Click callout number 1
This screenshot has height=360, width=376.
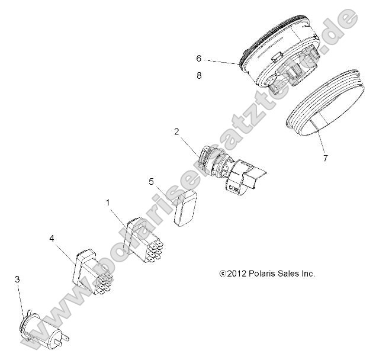[108, 202]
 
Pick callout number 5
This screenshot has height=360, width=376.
[152, 181]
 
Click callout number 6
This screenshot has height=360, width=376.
[199, 58]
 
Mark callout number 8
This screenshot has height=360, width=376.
[199, 75]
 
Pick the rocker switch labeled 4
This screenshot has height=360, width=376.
[92, 269]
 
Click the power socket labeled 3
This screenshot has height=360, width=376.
[44, 329]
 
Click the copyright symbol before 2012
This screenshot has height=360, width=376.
[222, 274]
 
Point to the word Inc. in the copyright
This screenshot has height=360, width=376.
[307, 274]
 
